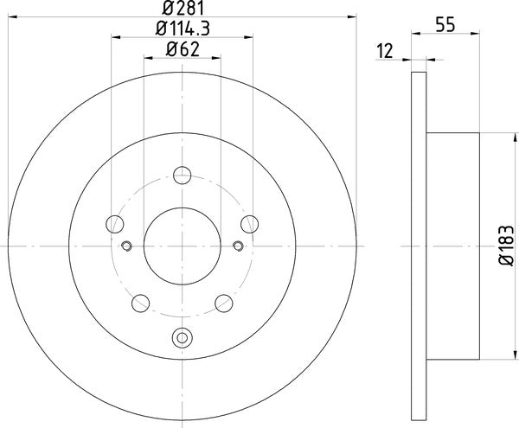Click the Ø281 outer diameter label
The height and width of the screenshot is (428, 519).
182,8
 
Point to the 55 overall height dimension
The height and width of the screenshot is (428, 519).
445,26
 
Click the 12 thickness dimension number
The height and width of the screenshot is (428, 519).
386,51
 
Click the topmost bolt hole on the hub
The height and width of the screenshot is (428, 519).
182,176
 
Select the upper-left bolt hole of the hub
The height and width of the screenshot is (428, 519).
115,225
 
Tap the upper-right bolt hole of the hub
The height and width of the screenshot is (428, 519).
248,225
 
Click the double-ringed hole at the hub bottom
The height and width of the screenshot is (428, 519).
182,338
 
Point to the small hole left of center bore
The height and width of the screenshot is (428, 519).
126,246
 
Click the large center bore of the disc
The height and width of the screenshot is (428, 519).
182,246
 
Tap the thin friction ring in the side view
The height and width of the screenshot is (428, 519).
419,246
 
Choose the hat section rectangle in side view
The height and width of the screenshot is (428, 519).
452,246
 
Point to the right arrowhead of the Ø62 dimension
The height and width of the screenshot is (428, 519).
217,58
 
